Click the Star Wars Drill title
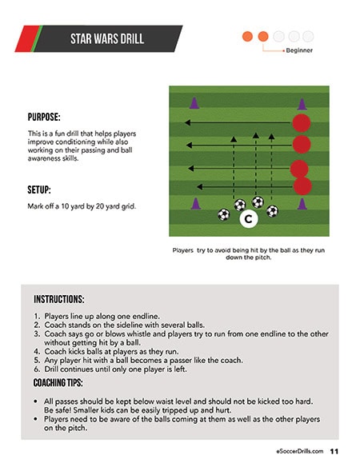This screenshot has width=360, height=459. click(x=107, y=38)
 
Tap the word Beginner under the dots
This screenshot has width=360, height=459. click(x=299, y=50)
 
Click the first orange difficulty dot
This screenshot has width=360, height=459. click(x=247, y=37)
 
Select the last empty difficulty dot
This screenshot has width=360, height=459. click(x=308, y=37)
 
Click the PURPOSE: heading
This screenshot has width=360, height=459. click(x=44, y=117)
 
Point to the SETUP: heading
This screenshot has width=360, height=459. click(x=39, y=190)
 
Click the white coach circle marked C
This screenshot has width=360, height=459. click(x=248, y=219)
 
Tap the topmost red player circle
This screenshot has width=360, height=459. click(x=301, y=123)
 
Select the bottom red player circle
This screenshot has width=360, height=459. click(x=302, y=186)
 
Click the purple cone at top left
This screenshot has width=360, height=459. click(x=194, y=103)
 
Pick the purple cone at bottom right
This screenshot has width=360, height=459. click(x=302, y=204)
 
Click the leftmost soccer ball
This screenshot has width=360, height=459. click(x=224, y=214)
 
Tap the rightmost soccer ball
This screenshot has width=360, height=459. click(x=272, y=211)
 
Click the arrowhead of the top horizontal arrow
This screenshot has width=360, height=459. click(x=187, y=122)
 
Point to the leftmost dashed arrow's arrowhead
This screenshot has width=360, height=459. click(x=234, y=139)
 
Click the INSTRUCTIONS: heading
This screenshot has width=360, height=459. click(x=59, y=299)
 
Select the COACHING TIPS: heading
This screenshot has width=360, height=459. click(x=58, y=382)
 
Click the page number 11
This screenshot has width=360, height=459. click(x=334, y=451)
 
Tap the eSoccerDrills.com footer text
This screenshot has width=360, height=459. click(x=300, y=451)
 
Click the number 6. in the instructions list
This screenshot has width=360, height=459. click(x=37, y=369)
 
